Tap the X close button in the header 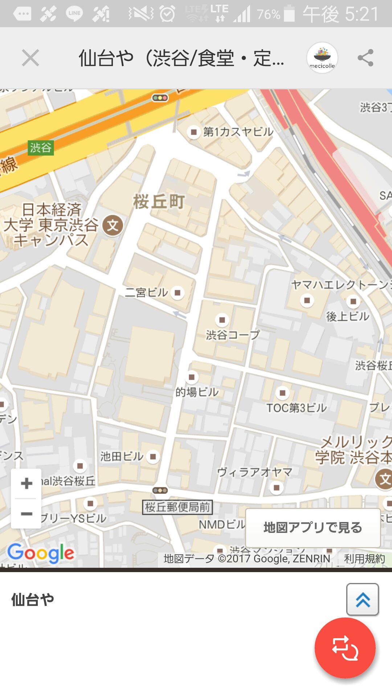pyautogui.click(x=30, y=58)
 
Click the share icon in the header pyautogui.click(x=365, y=58)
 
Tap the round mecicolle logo pyautogui.click(x=322, y=58)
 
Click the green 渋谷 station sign pyautogui.click(x=41, y=148)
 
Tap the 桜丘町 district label pyautogui.click(x=159, y=202)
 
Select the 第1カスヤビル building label pyautogui.click(x=238, y=132)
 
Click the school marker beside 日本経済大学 pyautogui.click(x=113, y=225)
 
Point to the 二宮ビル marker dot pyautogui.click(x=177, y=293)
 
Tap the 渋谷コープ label pyautogui.click(x=233, y=335)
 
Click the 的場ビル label pyautogui.click(x=197, y=392)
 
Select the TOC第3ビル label pyautogui.click(x=297, y=408)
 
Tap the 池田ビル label pyautogui.click(x=122, y=456)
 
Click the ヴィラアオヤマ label pyautogui.click(x=254, y=472)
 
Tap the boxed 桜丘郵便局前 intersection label pyautogui.click(x=177, y=507)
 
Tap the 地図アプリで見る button pyautogui.click(x=313, y=527)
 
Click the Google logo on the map pyautogui.click(x=41, y=553)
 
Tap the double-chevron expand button pyautogui.click(x=362, y=599)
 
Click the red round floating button pyautogui.click(x=345, y=648)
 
